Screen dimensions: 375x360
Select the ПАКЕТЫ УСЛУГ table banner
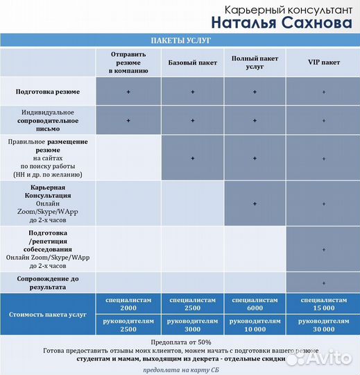coord(180,40)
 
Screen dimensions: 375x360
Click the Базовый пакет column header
coord(192,62)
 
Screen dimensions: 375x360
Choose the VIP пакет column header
coord(323,62)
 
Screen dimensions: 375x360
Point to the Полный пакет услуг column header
coord(255,62)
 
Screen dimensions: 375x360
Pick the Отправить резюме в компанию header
coord(128,62)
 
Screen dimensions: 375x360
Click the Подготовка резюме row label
coord(48,92)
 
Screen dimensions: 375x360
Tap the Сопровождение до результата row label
coord(48,282)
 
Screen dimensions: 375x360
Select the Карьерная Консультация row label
coord(48,203)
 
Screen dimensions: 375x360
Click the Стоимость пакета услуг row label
coord(48,315)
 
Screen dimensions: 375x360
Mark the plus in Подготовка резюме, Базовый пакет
coord(192,92)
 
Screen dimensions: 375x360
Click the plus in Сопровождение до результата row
coord(323,283)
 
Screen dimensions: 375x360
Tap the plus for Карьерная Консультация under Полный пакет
coord(255,203)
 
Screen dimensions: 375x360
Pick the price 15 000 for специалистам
coord(323,308)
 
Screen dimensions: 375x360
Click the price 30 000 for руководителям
coord(323,331)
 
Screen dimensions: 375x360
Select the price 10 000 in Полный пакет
coord(255,331)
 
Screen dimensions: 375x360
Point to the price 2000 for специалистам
coord(128,308)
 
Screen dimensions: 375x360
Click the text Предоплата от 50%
coord(180,343)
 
